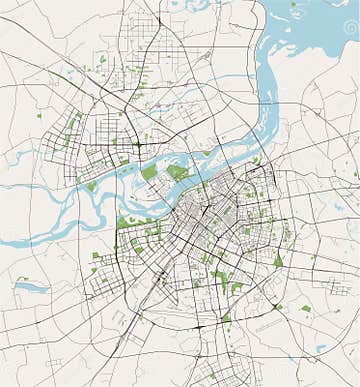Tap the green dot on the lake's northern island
tap(294, 4)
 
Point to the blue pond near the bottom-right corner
tap(320, 349)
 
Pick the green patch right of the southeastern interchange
tap(306, 309)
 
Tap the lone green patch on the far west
tap(39, 116)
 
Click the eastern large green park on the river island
tap(177, 172)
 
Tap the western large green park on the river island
tap(149, 173)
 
